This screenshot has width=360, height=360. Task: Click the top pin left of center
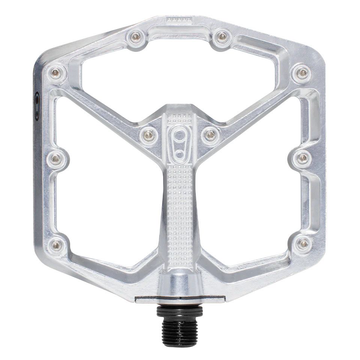(x=136, y=36)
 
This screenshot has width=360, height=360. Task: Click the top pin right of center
(x=222, y=36)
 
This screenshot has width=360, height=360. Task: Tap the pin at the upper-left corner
(x=56, y=72)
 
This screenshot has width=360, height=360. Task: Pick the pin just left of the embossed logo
(x=149, y=134)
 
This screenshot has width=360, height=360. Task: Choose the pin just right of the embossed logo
(x=210, y=134)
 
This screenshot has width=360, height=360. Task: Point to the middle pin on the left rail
(x=56, y=159)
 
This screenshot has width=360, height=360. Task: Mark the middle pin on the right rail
(x=302, y=158)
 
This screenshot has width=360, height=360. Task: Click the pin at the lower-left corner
(x=57, y=245)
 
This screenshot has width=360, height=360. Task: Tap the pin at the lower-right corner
(x=303, y=244)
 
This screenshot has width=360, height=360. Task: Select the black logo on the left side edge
(x=37, y=106)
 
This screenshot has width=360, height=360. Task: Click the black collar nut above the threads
(x=180, y=310)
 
